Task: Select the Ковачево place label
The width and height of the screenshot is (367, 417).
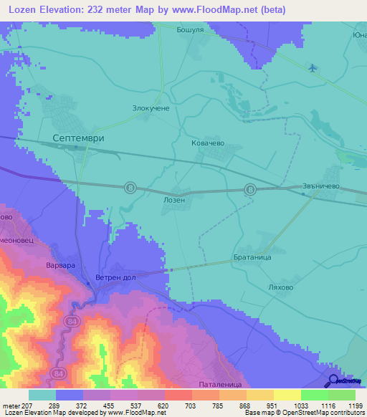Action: coord(208,143)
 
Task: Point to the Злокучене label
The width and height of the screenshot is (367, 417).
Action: coord(151,107)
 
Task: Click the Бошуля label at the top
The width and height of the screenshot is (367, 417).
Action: coord(191,30)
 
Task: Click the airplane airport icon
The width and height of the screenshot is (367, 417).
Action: coord(312,68)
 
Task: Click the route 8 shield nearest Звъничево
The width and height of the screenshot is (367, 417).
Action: coord(250,189)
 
